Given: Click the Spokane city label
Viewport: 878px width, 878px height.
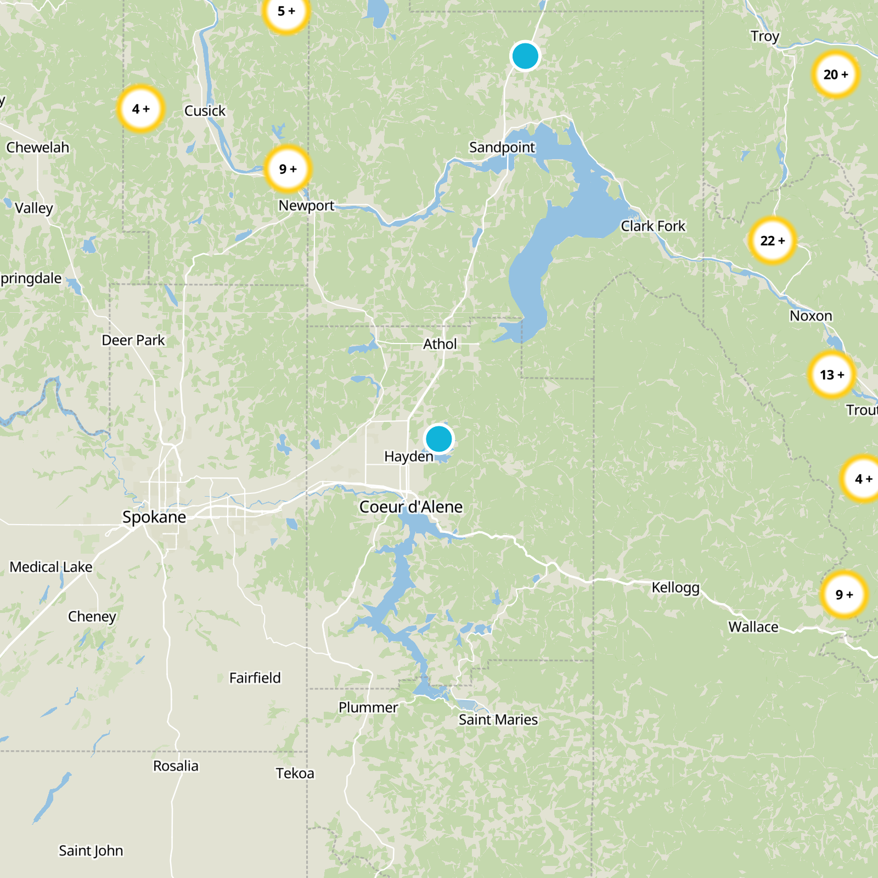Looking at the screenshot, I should (154, 517).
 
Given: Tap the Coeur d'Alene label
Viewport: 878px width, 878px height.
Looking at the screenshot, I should (410, 506).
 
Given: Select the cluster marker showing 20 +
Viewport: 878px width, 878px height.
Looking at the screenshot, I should (835, 74).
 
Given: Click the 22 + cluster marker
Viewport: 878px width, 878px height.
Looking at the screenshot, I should (772, 240).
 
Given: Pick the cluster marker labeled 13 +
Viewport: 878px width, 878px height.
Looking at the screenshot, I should (831, 375).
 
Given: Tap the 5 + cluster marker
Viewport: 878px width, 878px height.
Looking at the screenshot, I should (286, 12).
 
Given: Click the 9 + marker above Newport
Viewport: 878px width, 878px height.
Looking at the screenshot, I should (288, 169).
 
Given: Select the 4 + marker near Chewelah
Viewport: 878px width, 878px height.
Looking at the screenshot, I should (140, 109).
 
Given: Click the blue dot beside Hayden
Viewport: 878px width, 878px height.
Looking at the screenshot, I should (438, 439).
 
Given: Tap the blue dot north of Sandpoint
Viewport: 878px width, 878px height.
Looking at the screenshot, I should (525, 56).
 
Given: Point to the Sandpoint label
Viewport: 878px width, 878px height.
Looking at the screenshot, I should (502, 147).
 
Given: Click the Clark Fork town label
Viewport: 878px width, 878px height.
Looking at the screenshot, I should (653, 226).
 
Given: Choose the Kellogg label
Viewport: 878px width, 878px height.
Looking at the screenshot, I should (676, 588).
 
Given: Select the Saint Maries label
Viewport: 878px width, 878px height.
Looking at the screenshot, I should (498, 719).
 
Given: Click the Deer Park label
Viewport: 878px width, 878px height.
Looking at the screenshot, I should (133, 340).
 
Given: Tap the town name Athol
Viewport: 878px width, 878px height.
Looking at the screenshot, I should (440, 344).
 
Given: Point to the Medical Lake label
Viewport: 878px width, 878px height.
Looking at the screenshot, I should (51, 567).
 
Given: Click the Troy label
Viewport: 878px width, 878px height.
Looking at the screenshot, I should (764, 36).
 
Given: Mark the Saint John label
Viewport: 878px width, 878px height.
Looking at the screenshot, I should (91, 851).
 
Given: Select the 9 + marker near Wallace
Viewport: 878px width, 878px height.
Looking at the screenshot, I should (844, 594).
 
